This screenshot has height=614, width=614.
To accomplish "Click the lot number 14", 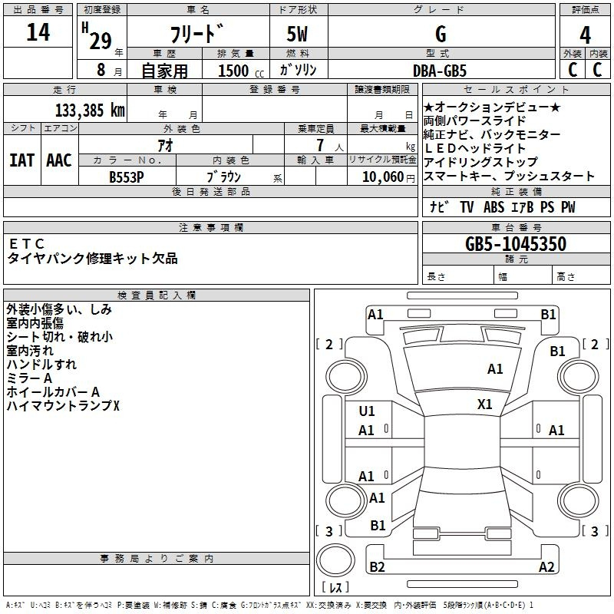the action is click(x=38, y=32).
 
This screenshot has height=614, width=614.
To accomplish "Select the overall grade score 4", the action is click(x=585, y=35).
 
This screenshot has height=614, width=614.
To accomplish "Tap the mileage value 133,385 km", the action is click(x=90, y=111).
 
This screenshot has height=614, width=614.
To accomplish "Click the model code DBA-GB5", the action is click(x=440, y=71).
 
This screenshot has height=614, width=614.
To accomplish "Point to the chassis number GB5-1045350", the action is click(x=516, y=244).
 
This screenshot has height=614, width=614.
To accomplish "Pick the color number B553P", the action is click(x=127, y=177).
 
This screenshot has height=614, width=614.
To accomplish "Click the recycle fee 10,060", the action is click(x=383, y=177).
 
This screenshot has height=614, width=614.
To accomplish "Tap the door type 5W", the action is click(x=297, y=34).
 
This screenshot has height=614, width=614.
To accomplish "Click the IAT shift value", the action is click(x=22, y=160).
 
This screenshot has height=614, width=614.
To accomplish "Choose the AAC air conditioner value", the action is click(x=59, y=160).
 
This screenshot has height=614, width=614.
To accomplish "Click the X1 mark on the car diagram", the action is click(x=485, y=404).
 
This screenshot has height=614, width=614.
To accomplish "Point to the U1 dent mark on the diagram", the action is click(x=367, y=411).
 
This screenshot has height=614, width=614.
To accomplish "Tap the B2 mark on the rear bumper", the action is click(x=377, y=566).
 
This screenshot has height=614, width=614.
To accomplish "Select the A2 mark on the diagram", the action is click(x=546, y=566).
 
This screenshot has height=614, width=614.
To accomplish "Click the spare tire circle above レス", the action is click(x=335, y=560).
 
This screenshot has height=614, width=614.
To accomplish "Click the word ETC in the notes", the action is click(x=26, y=244).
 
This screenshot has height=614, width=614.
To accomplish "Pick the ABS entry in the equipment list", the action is click(x=494, y=207).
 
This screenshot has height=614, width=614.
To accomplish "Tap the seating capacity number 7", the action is click(x=320, y=145).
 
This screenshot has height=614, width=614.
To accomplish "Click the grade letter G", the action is click(x=441, y=34).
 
